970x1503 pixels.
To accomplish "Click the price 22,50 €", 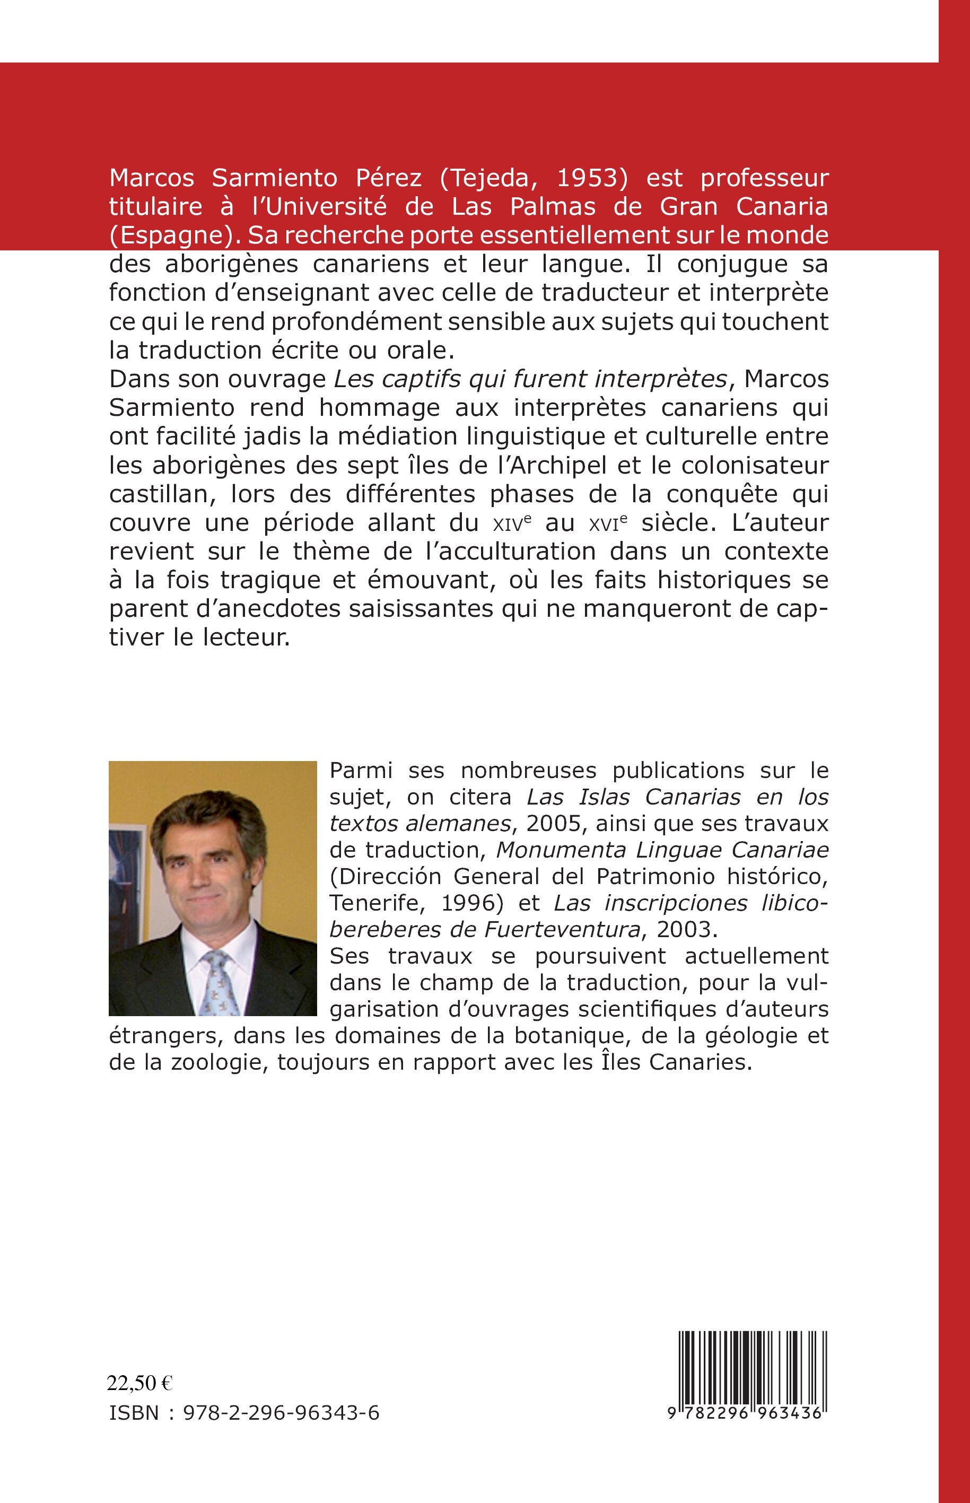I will coord(140,1383).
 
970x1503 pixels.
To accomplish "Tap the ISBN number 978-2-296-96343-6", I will coord(281,1412).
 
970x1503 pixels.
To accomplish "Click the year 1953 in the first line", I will coord(595,178).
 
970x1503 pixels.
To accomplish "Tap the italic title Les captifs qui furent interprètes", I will coord(530,379).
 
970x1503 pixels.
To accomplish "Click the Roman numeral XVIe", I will coord(604,523).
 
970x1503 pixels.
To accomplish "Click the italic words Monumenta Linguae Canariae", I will coord(662,850).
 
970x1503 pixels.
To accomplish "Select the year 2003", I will coord(684,929).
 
